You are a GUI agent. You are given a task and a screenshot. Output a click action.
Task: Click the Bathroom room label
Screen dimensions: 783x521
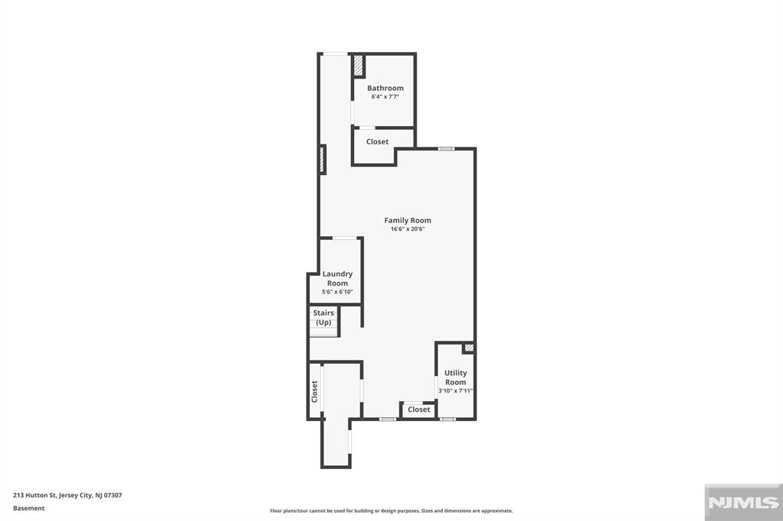point(385,88)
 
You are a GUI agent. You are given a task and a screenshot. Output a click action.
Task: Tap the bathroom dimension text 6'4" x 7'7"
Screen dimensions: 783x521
point(385,97)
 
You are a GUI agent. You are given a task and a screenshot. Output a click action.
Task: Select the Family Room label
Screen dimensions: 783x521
point(408,221)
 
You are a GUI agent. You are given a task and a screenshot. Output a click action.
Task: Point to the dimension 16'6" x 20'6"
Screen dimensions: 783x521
point(408,229)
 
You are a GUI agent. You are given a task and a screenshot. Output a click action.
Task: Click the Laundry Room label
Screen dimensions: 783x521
point(337,279)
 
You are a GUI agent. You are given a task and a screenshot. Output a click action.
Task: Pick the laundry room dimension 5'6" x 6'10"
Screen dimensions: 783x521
point(337,292)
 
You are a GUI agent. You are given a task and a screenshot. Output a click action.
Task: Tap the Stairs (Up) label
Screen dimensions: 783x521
point(323,317)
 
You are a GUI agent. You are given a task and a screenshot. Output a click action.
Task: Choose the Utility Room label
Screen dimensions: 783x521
point(456,377)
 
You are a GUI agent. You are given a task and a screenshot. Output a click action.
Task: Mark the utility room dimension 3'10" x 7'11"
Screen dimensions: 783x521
point(456,391)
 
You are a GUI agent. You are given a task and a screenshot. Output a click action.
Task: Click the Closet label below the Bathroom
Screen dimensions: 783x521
point(377,142)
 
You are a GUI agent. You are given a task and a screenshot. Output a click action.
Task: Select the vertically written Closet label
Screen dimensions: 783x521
point(314,391)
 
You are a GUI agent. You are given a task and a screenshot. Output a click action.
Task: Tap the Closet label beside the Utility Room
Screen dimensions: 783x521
point(418,409)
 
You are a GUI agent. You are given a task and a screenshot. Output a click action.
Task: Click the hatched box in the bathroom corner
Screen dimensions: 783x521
point(358,66)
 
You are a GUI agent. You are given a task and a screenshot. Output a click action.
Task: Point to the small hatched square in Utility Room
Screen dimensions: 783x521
point(469,348)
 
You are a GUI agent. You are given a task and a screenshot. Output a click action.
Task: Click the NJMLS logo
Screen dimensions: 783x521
point(743,503)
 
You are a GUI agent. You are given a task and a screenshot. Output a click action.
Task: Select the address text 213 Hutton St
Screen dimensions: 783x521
point(34,496)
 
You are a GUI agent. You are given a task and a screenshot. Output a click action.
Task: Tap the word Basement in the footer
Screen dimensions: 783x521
point(29,508)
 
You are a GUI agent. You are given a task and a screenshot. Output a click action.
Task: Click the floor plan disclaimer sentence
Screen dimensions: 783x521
point(391,510)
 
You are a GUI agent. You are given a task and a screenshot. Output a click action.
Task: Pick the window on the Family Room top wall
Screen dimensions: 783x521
point(447,149)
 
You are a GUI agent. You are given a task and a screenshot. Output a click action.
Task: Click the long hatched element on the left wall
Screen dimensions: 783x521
point(323,160)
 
